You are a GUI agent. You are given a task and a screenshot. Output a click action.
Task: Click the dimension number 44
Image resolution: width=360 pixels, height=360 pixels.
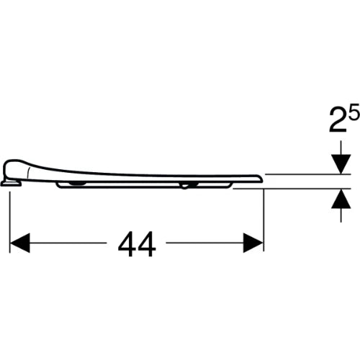click(137, 244)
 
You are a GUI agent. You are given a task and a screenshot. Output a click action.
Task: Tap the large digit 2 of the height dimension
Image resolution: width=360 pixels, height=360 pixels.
click(338, 120)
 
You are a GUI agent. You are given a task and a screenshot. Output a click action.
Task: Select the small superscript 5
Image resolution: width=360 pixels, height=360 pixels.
click(355, 112)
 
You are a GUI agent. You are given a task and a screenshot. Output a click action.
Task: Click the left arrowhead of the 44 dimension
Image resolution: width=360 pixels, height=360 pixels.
click(20, 243)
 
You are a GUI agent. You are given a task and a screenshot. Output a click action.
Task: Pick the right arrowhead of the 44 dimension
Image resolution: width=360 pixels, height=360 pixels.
click(253, 243)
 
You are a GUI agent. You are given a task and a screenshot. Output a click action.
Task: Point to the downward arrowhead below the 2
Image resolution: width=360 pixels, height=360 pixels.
click(341, 164)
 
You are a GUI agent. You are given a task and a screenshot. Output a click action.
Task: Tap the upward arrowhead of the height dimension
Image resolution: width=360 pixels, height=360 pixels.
click(341, 199)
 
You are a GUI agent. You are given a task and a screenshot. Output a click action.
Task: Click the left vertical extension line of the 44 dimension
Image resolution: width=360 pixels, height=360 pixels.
click(9, 222)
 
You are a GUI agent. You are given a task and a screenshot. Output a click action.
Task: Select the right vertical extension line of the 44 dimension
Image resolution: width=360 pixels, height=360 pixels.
click(264, 220)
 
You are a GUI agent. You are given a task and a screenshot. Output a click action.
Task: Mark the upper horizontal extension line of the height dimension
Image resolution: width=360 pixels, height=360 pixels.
click(308, 174)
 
